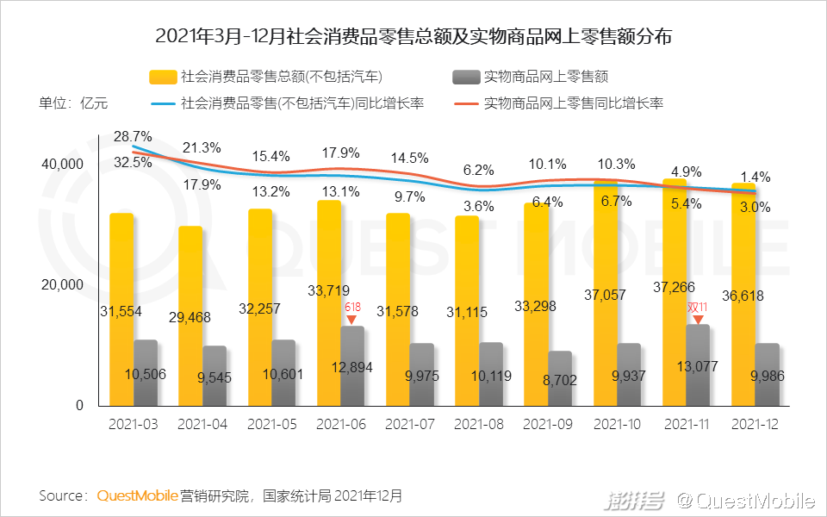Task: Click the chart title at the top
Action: pyautogui.click(x=413, y=37)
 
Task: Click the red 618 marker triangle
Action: pyautogui.click(x=352, y=320)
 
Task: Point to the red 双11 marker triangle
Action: pyautogui.click(x=698, y=320)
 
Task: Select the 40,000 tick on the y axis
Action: pyautogui.click(x=62, y=164)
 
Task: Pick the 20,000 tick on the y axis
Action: pyautogui.click(x=62, y=284)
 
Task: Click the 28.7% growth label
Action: pyautogui.click(x=133, y=136)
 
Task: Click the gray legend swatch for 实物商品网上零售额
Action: pyautogui.click(x=464, y=78)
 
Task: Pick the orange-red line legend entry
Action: pyautogui.click(x=464, y=103)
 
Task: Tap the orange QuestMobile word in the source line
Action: pyautogui.click(x=137, y=495)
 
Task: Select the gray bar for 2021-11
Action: pyautogui.click(x=698, y=364)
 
